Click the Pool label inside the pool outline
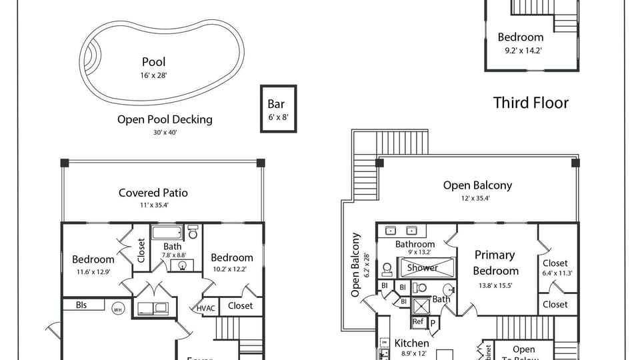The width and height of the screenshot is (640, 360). click(153, 62)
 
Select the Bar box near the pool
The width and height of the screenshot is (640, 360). click(277, 109)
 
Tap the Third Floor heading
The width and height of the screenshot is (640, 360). click(531, 103)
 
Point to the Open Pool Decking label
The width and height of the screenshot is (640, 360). click(165, 119)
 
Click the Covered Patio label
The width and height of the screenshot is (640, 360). click(153, 193)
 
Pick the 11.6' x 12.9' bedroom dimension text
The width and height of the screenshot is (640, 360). click(93, 271)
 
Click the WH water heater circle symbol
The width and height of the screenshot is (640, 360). click(118, 309)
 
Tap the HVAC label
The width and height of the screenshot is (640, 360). click(206, 308)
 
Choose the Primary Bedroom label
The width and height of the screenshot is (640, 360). click(495, 263)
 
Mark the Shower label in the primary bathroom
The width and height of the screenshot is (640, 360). click(423, 268)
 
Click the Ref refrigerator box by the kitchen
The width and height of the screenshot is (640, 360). click(418, 321)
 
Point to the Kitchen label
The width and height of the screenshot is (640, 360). click(412, 343)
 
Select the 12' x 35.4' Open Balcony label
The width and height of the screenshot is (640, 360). click(477, 185)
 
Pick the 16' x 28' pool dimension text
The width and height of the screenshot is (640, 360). click(153, 75)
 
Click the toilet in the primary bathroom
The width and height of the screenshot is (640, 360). click(386, 270)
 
